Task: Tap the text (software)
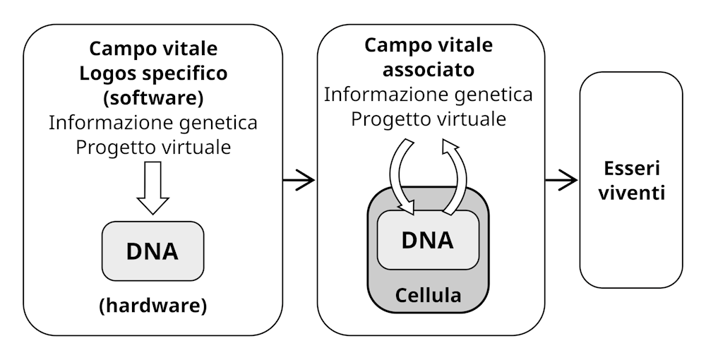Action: point(153,97)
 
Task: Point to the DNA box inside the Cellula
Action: point(428,240)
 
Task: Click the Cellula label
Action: point(428,294)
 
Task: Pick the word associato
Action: point(428,70)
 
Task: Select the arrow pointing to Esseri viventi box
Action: point(562,180)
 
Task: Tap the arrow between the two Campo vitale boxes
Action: point(299,180)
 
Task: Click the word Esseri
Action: point(631,169)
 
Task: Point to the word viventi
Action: point(631,193)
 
